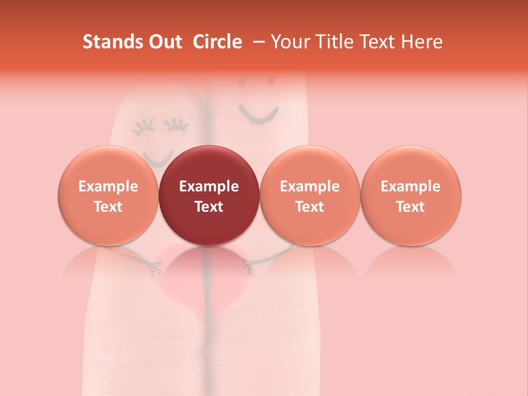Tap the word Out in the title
163,42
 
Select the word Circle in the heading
217,42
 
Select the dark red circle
209,195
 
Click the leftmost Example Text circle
108,195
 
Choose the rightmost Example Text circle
411,195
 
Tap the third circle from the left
310,195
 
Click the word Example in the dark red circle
209,186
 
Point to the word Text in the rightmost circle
411,207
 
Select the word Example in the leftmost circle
108,186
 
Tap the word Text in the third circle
310,207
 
